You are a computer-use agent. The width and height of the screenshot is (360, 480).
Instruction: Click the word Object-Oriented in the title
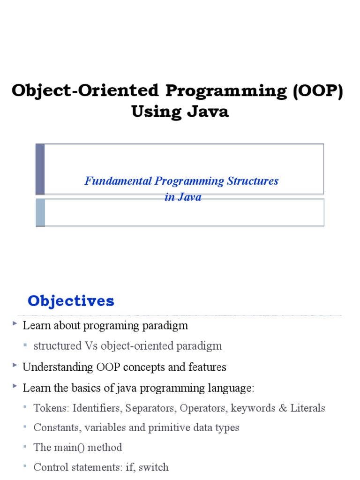85,90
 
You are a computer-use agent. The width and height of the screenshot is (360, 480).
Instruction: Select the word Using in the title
157,112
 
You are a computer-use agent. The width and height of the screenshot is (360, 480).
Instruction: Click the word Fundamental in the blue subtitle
118,181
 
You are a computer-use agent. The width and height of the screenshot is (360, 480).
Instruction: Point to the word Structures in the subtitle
253,181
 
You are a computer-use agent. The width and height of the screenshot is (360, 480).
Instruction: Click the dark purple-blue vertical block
40,169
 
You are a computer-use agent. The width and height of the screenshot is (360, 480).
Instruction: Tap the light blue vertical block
40,212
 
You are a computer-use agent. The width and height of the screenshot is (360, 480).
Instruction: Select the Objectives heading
71,300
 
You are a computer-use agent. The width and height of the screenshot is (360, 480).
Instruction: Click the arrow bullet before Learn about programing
15,323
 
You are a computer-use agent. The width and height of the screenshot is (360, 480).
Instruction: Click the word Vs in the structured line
91,346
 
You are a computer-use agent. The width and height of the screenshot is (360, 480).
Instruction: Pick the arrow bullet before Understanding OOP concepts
15,365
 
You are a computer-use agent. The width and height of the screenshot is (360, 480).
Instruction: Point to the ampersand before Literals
283,408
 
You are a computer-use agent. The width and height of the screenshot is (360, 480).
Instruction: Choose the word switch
153,467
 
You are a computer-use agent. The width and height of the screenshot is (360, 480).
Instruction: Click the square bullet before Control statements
25,466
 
